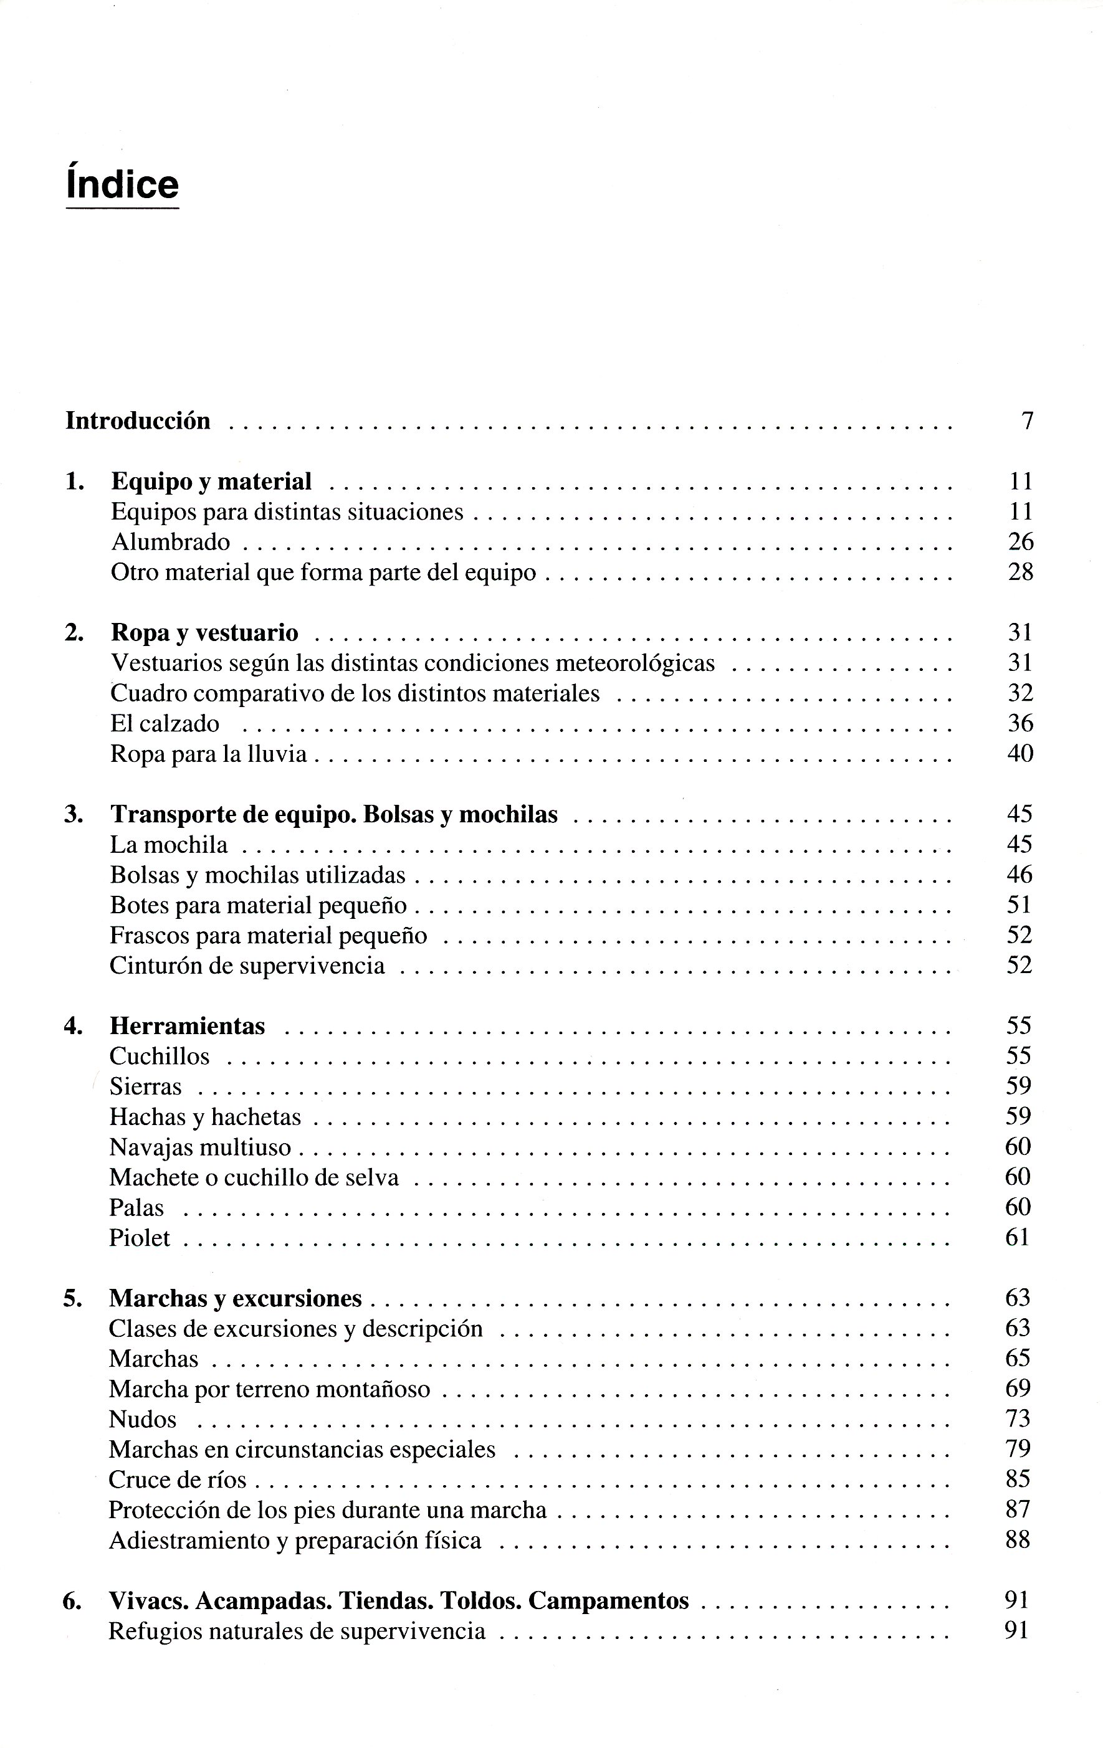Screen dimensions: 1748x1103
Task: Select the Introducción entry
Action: point(138,421)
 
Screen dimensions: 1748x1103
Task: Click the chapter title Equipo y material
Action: point(211,482)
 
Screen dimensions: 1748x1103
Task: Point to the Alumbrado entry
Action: point(170,542)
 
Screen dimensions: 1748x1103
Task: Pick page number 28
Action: point(1020,572)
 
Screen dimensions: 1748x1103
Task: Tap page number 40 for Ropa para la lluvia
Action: point(1019,754)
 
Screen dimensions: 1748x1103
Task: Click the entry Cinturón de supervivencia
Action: point(247,966)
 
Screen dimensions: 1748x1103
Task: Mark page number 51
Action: point(1019,905)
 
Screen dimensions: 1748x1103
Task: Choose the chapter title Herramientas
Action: point(188,1027)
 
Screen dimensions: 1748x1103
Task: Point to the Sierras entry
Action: point(145,1086)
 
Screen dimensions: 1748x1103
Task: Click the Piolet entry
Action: point(140,1238)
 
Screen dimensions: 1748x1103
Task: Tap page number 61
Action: point(1018,1238)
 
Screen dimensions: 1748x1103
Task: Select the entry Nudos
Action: point(142,1419)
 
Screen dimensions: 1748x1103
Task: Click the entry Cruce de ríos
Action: point(177,1480)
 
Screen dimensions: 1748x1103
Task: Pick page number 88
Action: point(1018,1541)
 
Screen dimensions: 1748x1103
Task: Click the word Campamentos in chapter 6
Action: point(608,1600)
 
